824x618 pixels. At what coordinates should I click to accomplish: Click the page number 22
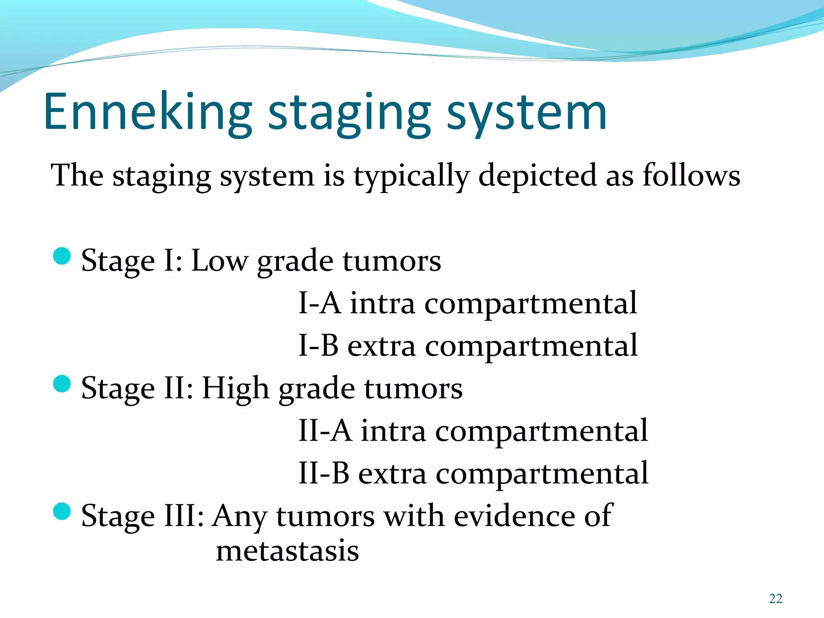pyautogui.click(x=775, y=599)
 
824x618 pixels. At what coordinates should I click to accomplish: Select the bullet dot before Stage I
pyautogui.click(x=62, y=256)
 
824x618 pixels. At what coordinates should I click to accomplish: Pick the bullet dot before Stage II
pyautogui.click(x=62, y=384)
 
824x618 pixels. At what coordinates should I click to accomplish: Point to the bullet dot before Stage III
pyautogui.click(x=62, y=511)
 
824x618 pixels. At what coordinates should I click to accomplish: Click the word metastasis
pyautogui.click(x=287, y=551)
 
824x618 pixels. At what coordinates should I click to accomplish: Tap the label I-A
pyautogui.click(x=319, y=303)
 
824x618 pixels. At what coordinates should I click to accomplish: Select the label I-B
pyautogui.click(x=319, y=346)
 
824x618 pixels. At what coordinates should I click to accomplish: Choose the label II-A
pyautogui.click(x=325, y=431)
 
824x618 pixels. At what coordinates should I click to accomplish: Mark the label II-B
pyautogui.click(x=324, y=473)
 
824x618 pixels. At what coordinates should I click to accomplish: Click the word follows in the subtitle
pyautogui.click(x=691, y=175)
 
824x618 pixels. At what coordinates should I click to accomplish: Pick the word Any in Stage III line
pyautogui.click(x=240, y=517)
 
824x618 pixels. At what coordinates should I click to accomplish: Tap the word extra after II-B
pyautogui.click(x=392, y=474)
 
